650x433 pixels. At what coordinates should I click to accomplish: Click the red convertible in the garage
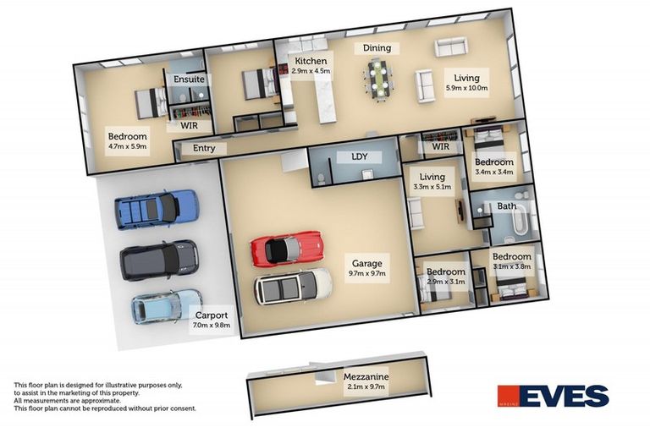286,249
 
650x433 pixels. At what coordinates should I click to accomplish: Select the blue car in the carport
157,209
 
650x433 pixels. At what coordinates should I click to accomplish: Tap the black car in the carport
159,260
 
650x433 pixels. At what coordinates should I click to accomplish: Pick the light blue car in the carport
167,307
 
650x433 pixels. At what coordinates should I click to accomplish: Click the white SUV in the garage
293,287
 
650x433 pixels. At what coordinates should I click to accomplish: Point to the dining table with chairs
379,79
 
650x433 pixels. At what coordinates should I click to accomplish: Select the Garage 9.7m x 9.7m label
366,268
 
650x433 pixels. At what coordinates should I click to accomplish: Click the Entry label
204,148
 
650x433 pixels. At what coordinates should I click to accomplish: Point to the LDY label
360,156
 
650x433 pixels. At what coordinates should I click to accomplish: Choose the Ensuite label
189,79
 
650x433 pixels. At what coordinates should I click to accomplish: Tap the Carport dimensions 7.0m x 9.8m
212,326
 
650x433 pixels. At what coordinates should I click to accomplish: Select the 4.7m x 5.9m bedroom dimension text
127,146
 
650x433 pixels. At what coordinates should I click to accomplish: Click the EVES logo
553,396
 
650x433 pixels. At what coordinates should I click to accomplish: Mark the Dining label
377,48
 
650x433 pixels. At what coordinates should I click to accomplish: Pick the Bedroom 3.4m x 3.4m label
494,167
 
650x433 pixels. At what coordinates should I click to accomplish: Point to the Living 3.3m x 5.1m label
432,182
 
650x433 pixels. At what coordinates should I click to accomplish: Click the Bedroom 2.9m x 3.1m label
446,277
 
